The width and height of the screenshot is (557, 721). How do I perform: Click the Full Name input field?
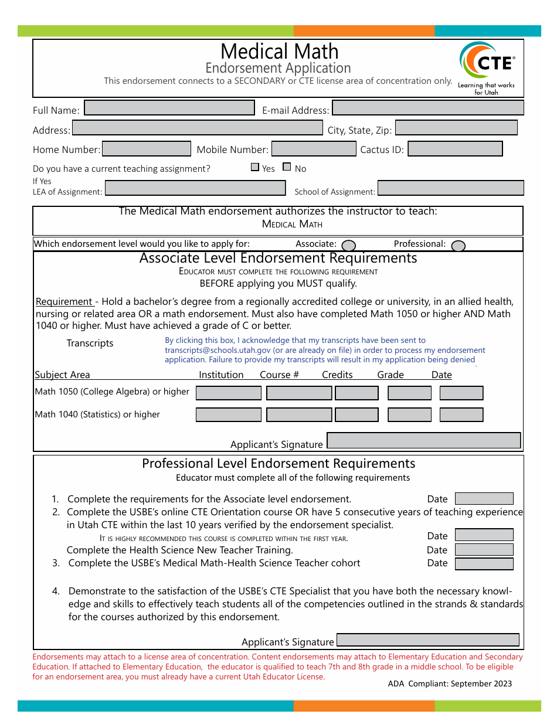169,108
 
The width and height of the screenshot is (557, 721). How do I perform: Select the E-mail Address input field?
427,108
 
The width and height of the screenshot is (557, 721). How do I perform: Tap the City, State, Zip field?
456,128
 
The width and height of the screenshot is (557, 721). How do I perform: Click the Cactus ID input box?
455,149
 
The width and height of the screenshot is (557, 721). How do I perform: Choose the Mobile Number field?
314,149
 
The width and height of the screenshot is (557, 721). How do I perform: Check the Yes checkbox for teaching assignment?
255,167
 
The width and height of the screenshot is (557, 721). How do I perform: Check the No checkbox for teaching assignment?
287,167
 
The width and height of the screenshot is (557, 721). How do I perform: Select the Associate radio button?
348,246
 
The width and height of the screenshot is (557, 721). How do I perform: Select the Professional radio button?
458,246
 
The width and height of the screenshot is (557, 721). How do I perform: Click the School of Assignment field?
450,188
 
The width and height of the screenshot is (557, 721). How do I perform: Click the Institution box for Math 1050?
228,393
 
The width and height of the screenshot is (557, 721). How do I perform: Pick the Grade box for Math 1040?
409,415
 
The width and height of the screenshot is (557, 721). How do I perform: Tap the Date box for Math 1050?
461,393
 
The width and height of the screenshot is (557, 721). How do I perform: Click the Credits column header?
337,375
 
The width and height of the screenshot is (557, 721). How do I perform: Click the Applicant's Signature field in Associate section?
423,441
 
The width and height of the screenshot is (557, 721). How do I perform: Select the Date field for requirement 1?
484,499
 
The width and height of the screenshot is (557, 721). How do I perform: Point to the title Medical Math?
279,52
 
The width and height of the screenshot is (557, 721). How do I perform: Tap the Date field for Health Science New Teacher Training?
484,550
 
